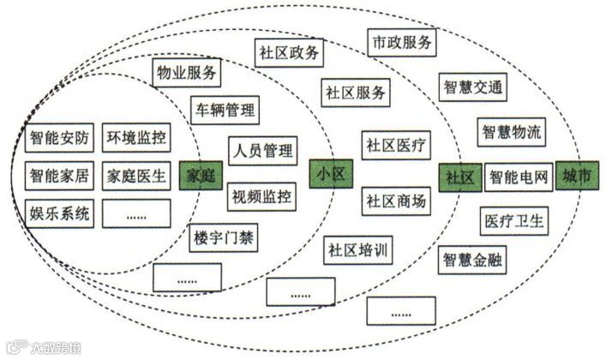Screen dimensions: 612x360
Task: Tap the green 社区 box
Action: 459,177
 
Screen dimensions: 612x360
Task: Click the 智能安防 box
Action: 58,137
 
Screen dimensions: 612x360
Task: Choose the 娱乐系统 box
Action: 58,213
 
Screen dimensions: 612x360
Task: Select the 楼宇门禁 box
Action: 223,237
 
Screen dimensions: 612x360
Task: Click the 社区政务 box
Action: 290,52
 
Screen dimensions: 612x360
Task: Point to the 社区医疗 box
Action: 394,145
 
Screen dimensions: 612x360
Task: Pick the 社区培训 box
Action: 358,252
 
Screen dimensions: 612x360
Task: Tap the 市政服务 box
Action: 403,40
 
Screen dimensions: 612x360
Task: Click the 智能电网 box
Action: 518,178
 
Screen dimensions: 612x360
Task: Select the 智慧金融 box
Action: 473,259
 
